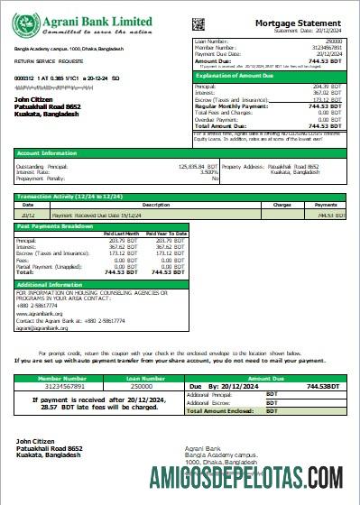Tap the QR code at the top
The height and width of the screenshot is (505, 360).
click(x=198, y=21)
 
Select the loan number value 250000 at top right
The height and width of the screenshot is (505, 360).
click(x=333, y=41)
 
